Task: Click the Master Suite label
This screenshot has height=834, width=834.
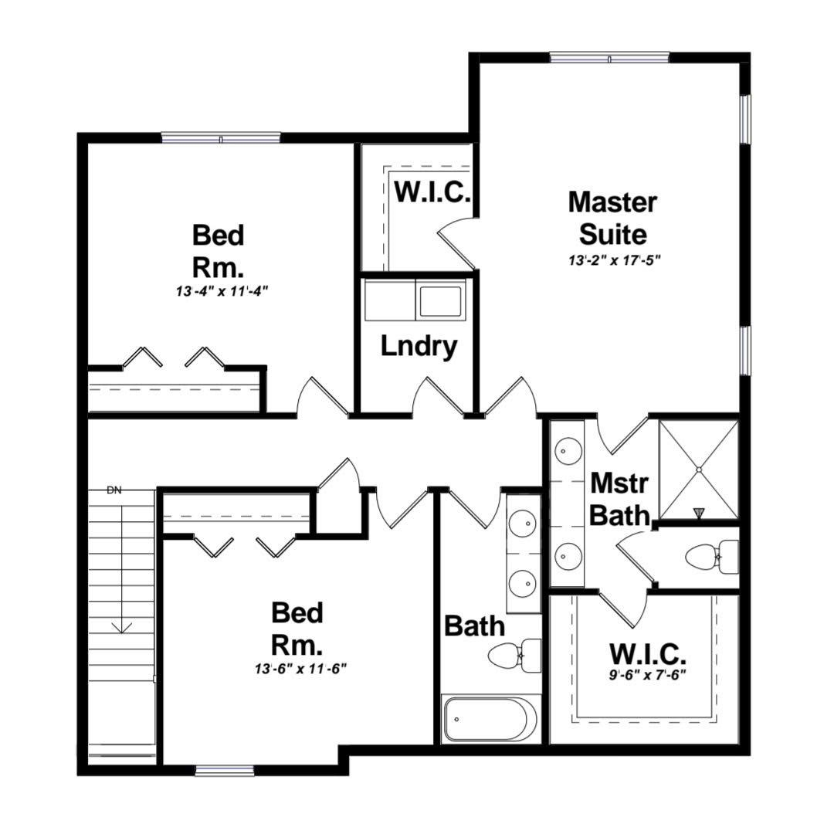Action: (612, 217)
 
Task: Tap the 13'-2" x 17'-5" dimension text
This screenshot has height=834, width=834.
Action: (612, 260)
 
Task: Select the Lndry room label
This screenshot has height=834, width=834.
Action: (419, 347)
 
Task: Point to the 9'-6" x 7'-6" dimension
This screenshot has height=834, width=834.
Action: (648, 673)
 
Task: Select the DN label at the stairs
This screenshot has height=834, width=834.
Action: (114, 490)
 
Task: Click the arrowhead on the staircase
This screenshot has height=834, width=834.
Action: (121, 627)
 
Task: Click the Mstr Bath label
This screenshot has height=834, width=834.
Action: (619, 499)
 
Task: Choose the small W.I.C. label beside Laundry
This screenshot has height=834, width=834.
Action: (432, 192)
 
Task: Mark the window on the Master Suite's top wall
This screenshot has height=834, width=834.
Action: (609, 56)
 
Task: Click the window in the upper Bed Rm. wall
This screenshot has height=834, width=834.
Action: (220, 138)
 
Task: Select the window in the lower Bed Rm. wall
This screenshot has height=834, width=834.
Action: (224, 769)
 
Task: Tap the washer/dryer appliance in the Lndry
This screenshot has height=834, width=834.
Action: (441, 300)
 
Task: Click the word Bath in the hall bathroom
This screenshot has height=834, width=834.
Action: (474, 625)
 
